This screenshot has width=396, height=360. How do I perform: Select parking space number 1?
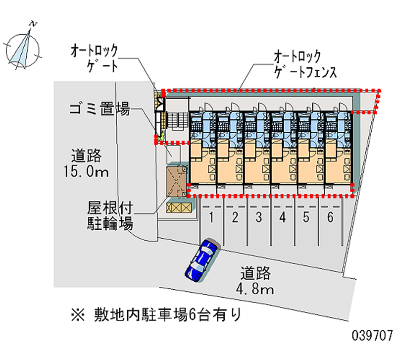[x=211, y=216]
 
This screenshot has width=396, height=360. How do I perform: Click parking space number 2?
[x=235, y=216]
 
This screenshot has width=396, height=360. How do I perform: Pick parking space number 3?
[x=259, y=216]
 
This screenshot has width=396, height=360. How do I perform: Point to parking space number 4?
[x=283, y=216]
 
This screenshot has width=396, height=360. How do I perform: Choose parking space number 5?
[x=306, y=216]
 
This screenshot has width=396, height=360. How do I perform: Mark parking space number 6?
[x=330, y=216]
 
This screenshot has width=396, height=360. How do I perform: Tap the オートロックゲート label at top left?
[x=94, y=57]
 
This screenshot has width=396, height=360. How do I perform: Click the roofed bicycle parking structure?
[x=177, y=181]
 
